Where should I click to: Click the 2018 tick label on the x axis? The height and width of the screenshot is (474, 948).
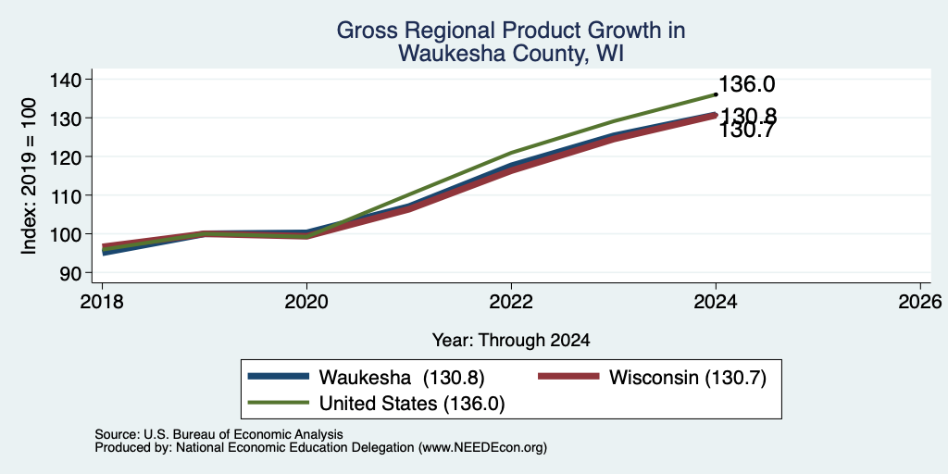point(102,301)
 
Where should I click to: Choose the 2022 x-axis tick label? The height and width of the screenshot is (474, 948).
point(511,301)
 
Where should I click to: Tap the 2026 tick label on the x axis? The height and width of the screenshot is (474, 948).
point(920,301)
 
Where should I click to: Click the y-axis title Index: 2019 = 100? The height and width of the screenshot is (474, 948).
point(30,176)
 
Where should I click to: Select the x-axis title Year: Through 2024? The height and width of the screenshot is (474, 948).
point(511,341)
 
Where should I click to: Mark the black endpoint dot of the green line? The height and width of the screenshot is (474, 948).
point(716,94)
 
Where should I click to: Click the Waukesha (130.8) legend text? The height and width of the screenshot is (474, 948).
point(402,378)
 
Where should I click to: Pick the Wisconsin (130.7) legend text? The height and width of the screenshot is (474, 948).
point(688,378)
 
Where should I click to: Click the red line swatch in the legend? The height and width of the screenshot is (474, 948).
point(568,378)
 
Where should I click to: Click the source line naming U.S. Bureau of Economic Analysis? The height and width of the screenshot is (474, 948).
point(218,434)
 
